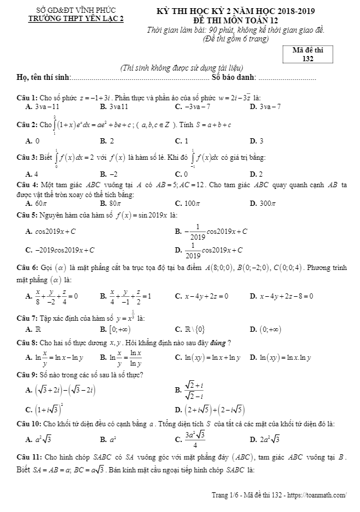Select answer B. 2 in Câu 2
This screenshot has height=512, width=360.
click(x=107, y=141)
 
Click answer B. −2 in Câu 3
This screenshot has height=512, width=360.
click(x=109, y=174)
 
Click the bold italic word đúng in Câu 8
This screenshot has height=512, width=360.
click(x=219, y=342)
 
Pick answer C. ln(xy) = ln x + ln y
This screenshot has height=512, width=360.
click(x=207, y=357)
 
